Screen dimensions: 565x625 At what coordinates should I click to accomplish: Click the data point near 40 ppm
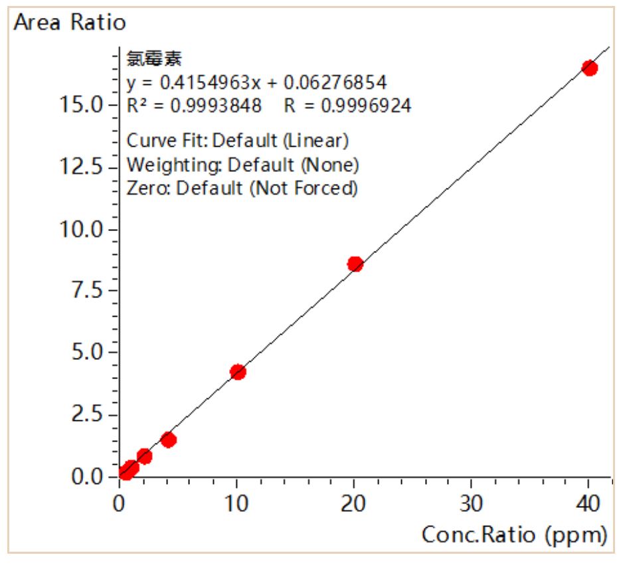[589, 68]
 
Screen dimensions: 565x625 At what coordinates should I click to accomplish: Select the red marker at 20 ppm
[355, 264]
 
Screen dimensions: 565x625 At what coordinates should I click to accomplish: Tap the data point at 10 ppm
[238, 372]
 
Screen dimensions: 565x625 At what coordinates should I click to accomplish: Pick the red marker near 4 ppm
[169, 440]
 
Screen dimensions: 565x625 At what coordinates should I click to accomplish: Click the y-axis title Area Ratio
[70, 23]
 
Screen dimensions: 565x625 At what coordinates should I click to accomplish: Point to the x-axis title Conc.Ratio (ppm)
[513, 534]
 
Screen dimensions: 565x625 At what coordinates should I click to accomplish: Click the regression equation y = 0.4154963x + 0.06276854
[256, 83]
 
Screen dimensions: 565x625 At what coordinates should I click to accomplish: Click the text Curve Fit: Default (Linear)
[237, 141]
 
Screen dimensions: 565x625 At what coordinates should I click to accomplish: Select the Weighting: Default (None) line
[242, 164]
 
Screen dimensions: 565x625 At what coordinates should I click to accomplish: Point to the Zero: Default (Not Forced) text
[242, 188]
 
